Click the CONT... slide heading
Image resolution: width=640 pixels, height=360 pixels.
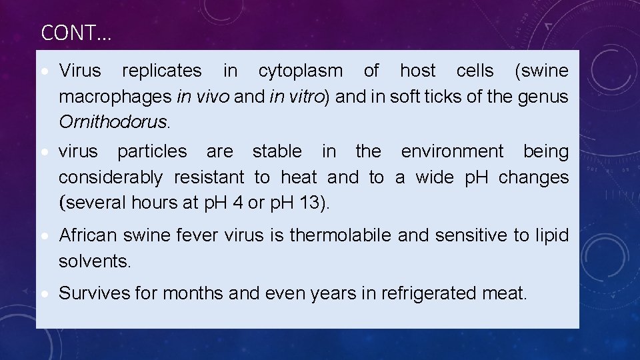click(x=76, y=33)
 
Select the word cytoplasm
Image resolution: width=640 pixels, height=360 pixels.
click(x=301, y=71)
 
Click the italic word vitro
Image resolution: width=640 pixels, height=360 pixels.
click(x=303, y=97)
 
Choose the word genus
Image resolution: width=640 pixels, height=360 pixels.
click(x=543, y=97)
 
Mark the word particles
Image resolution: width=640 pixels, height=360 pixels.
click(x=152, y=152)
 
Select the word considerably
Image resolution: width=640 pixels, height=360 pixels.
click(x=110, y=178)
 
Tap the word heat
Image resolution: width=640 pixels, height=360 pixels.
click(x=299, y=177)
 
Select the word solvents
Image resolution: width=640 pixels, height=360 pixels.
click(x=94, y=261)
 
